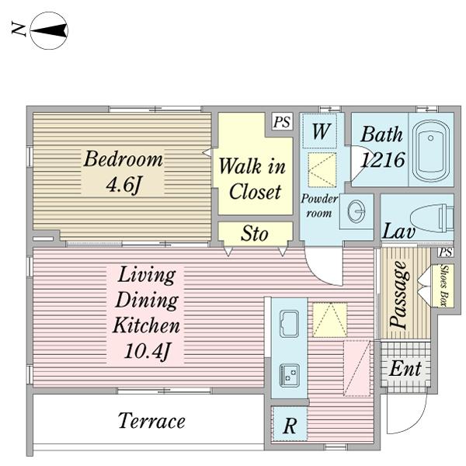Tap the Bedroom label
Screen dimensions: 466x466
click(x=123, y=159)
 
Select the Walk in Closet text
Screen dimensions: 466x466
click(x=252, y=179)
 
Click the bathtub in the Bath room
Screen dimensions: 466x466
click(x=431, y=151)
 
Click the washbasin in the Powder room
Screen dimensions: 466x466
click(x=356, y=211)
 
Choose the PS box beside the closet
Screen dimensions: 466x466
click(x=282, y=122)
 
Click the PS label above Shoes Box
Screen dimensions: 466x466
click(x=446, y=252)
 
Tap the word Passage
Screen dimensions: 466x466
click(x=399, y=294)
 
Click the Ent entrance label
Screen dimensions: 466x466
click(x=405, y=368)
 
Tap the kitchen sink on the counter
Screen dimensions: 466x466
click(x=289, y=324)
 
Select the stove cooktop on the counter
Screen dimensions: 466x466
click(x=289, y=375)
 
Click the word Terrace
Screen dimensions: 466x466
click(x=151, y=420)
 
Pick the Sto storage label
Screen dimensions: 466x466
click(x=255, y=233)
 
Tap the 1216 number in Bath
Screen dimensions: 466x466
click(x=382, y=159)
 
